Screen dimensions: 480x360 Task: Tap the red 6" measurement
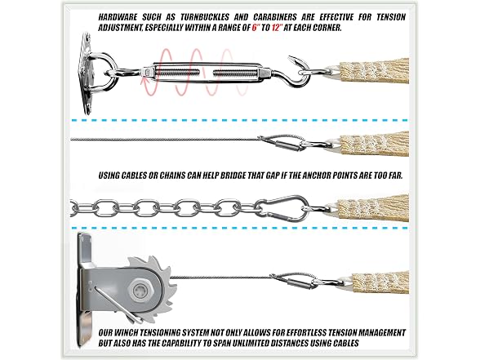tap(255, 28)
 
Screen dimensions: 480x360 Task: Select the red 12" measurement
tap(277, 28)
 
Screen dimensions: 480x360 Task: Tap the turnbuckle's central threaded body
tap(206, 73)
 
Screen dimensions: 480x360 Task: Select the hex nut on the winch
tap(140, 290)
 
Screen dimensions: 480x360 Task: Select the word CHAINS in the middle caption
tap(172, 176)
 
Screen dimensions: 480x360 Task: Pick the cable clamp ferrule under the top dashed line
tap(287, 144)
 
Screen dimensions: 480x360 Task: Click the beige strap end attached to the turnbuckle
tap(374, 71)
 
